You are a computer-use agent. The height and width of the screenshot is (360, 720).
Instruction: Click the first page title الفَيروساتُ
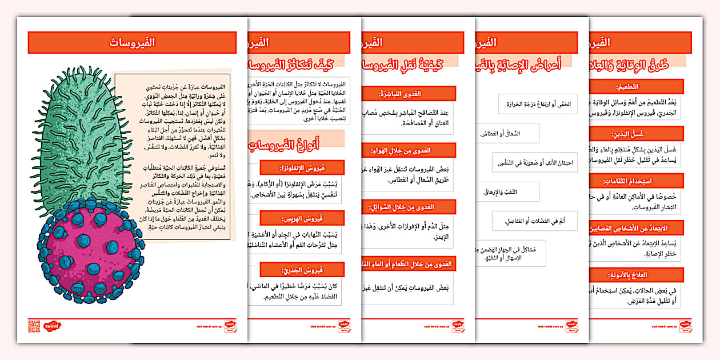tap(132, 42)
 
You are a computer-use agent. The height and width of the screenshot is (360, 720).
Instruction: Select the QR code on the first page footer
tap(33, 326)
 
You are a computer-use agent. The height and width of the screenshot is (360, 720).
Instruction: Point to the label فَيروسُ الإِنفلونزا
tap(302, 167)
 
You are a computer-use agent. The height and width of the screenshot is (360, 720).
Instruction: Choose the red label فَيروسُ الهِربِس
tap(302, 218)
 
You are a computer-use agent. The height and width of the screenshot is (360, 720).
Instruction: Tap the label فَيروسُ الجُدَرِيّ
tap(302, 270)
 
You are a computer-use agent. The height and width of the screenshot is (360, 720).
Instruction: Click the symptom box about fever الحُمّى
tap(538, 104)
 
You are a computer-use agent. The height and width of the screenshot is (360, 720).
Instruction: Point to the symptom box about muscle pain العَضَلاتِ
tap(534, 221)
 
